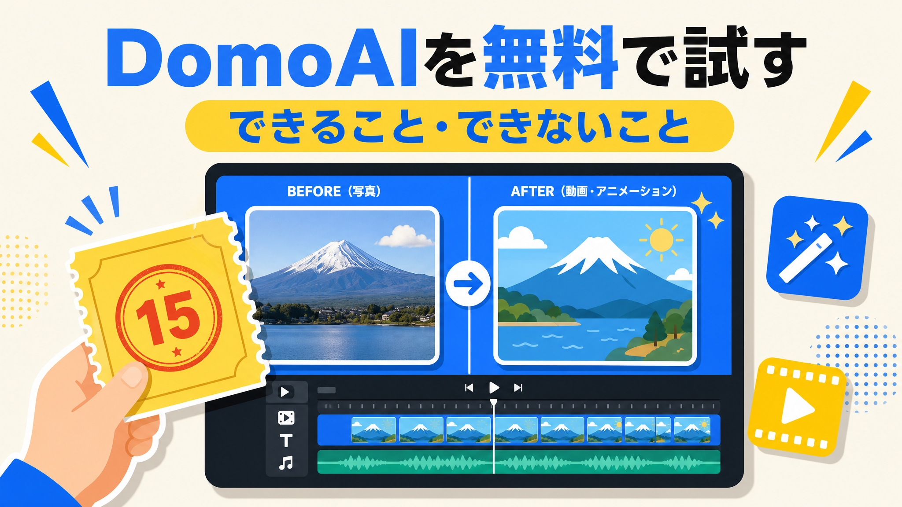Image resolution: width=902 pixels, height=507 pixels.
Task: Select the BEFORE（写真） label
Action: click(334, 191)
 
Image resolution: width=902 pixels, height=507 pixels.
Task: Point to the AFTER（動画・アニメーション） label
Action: click(594, 191)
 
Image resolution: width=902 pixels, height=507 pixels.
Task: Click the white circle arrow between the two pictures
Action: click(468, 283)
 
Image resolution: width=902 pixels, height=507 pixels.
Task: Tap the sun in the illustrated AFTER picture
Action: click(661, 240)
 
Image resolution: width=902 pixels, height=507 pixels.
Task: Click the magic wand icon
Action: click(817, 248)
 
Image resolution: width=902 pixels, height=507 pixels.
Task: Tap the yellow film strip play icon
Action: click(797, 407)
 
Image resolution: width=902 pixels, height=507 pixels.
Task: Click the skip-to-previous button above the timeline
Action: click(469, 388)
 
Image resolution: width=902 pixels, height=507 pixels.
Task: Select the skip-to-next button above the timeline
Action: click(518, 388)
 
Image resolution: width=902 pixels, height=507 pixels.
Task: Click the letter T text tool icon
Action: click(286, 440)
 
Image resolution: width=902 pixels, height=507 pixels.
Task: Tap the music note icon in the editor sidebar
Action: click(286, 463)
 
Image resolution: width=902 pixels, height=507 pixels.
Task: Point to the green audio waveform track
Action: click(519, 462)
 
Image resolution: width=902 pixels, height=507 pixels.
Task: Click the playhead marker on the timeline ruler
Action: click(494, 402)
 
